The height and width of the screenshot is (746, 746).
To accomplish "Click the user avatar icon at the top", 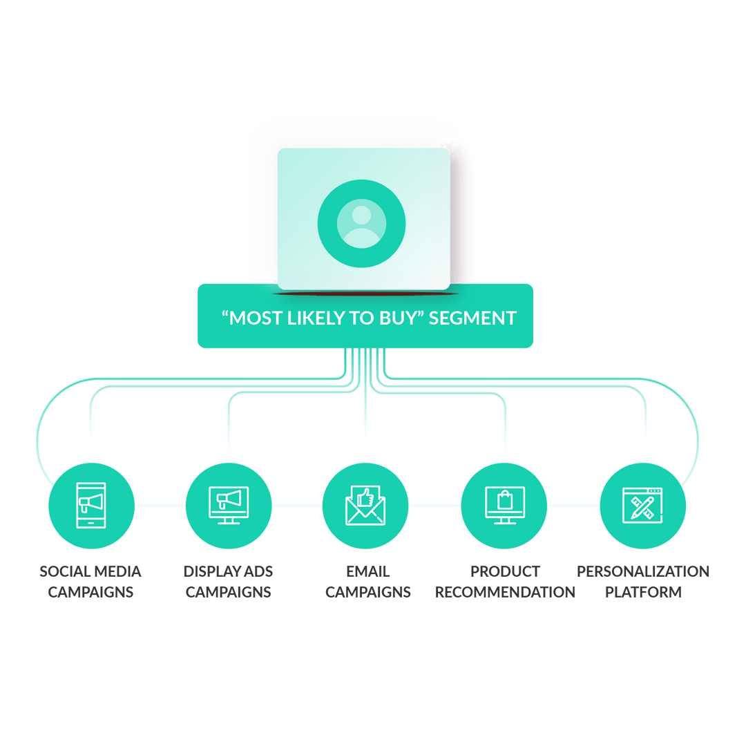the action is pyautogui.click(x=361, y=223).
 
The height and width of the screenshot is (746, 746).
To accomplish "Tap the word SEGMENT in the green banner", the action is pyautogui.click(x=472, y=318).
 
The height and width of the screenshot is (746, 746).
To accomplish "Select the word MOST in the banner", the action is pyautogui.click(x=251, y=318).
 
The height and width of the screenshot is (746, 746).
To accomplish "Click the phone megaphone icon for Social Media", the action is pyautogui.click(x=91, y=505).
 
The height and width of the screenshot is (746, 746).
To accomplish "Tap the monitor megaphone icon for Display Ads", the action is pyautogui.click(x=229, y=505).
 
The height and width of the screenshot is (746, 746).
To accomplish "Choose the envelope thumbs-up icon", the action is pyautogui.click(x=365, y=505).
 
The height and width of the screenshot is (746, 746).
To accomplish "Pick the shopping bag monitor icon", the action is pyautogui.click(x=504, y=505).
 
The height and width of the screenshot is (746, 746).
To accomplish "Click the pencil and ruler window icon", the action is pyautogui.click(x=643, y=505).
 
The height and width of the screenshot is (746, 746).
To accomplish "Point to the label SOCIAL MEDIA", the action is pyautogui.click(x=90, y=571).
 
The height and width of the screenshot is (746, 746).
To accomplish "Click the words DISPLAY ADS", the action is pyautogui.click(x=229, y=571).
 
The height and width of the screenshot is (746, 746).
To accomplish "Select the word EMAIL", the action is pyautogui.click(x=367, y=571).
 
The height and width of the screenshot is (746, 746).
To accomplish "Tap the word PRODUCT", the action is pyautogui.click(x=505, y=571).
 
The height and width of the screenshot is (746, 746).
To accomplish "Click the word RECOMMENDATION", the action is pyautogui.click(x=505, y=592).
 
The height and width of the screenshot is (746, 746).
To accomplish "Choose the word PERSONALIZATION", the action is pyautogui.click(x=643, y=571).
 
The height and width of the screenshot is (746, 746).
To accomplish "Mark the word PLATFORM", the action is pyautogui.click(x=643, y=592).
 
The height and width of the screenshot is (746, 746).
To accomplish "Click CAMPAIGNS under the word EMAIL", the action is pyautogui.click(x=367, y=592).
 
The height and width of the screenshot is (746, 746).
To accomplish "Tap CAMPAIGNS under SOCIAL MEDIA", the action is pyautogui.click(x=90, y=592).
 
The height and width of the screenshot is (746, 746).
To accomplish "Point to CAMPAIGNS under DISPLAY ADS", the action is pyautogui.click(x=229, y=592).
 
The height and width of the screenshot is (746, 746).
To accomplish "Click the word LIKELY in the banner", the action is pyautogui.click(x=316, y=318).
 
